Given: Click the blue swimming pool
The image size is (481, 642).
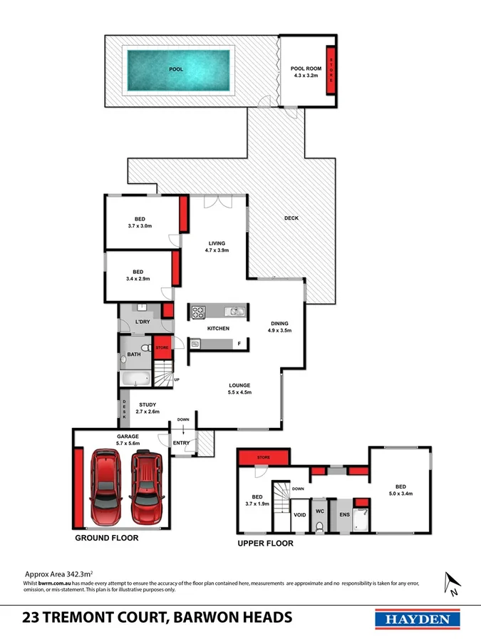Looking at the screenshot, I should tap(177, 69).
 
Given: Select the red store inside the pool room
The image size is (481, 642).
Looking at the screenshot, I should tap(331, 69).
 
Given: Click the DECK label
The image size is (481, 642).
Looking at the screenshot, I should tap(291, 218).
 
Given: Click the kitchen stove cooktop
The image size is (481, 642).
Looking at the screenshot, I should tap(197, 312).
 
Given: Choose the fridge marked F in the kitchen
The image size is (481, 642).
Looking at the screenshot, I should tap(239, 345).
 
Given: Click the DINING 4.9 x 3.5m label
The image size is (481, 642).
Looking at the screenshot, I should tap(279, 327).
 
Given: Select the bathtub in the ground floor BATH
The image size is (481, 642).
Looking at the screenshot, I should tap(135, 379).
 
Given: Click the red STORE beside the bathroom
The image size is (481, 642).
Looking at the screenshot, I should tap(163, 348).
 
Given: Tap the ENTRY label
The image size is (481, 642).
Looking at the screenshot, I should tap(182, 443).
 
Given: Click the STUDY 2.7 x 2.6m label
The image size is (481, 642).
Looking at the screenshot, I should tap(148, 408).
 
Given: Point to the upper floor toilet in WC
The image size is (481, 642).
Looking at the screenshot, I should tap(320, 526).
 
